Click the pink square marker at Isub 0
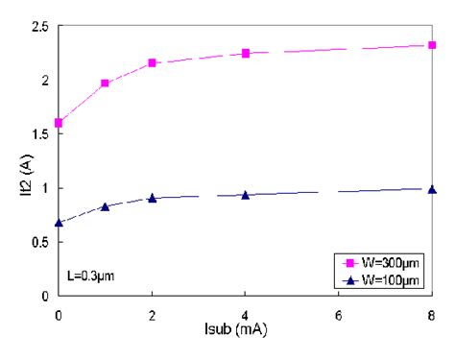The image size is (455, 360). pyautogui.click(x=59, y=123)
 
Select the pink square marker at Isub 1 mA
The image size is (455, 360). pyautogui.click(x=105, y=84)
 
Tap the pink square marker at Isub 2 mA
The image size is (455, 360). pyautogui.click(x=152, y=63)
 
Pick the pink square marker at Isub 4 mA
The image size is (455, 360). pyautogui.click(x=246, y=53)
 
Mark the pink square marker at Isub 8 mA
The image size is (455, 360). pyautogui.click(x=432, y=45)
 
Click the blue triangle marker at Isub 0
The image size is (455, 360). pyautogui.click(x=59, y=223)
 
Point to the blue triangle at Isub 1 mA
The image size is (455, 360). pyautogui.click(x=105, y=206)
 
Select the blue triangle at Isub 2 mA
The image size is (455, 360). pyautogui.click(x=152, y=198)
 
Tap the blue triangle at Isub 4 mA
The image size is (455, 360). pyautogui.click(x=246, y=195)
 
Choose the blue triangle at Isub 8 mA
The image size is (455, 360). pyautogui.click(x=432, y=189)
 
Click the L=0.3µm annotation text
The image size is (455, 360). pyautogui.click(x=92, y=276)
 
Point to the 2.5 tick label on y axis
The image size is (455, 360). pyautogui.click(x=37, y=27)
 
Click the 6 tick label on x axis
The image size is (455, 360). pyautogui.click(x=339, y=314)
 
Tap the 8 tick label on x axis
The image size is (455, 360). pyautogui.click(x=432, y=314)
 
